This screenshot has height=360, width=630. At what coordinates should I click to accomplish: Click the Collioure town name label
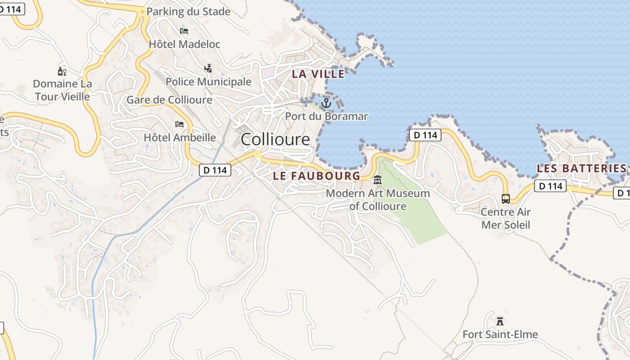tap(275, 139)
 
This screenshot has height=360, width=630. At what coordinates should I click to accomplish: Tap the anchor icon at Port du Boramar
tap(326, 103)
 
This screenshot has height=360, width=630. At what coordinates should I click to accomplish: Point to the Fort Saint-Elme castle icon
tap(499, 321)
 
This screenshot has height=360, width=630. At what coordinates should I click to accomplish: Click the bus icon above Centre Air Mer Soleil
tap(506, 198)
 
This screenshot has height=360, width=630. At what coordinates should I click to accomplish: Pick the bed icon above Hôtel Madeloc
tap(184, 31)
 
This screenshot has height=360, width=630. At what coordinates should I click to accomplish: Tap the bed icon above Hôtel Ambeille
tap(180, 124)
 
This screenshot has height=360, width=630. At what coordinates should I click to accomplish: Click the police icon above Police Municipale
tap(208, 68)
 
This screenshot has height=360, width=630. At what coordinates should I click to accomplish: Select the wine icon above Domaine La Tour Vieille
tap(62, 71)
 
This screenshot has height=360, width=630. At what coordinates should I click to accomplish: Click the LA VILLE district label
tap(318, 74)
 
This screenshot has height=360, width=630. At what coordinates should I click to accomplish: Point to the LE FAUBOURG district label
tap(317, 176)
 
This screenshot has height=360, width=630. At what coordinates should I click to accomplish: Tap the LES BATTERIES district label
tap(581, 169)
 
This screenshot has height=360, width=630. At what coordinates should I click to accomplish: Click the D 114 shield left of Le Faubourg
tap(215, 170)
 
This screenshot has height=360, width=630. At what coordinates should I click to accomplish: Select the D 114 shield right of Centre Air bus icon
tap(550, 186)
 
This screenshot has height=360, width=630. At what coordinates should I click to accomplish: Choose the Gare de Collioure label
tap(169, 100)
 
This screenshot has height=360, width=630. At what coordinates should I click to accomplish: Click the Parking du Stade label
tap(189, 12)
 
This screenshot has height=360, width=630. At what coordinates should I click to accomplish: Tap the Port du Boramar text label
tap(326, 117)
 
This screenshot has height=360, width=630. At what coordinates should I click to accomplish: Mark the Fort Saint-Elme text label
tap(500, 335)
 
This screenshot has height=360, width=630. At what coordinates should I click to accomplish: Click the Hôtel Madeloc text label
tap(184, 44)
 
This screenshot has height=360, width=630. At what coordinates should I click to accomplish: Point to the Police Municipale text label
tap(208, 82)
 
